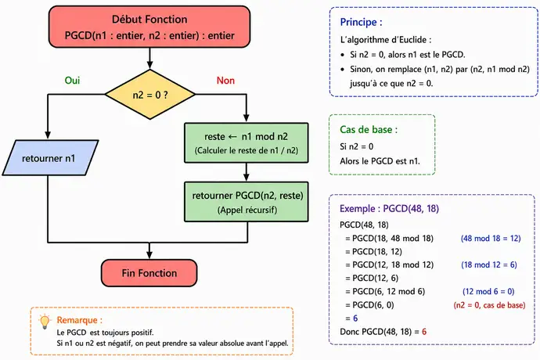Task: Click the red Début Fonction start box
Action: pos(149,27)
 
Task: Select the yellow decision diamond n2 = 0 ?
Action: pos(150,95)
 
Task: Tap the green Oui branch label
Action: pos(72,81)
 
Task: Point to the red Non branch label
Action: pos(225,81)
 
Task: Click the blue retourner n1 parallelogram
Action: pos(50,158)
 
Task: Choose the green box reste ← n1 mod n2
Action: pos(247,142)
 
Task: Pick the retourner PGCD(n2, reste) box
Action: pos(247,202)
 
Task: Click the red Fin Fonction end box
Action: pos(149,273)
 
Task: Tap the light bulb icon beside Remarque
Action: pos(45,322)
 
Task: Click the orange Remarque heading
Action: pos(80,320)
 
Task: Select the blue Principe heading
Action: pos(361,22)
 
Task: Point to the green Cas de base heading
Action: pos(369,130)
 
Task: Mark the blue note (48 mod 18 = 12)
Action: pos(491,239)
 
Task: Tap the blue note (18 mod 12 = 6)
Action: pos(489,265)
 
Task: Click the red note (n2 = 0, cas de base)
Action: pos(489,305)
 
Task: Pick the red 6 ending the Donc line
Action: pos(424,332)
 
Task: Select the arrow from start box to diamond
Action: pos(149,58)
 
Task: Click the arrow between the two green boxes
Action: pos(247,172)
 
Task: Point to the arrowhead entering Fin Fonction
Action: pos(149,255)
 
